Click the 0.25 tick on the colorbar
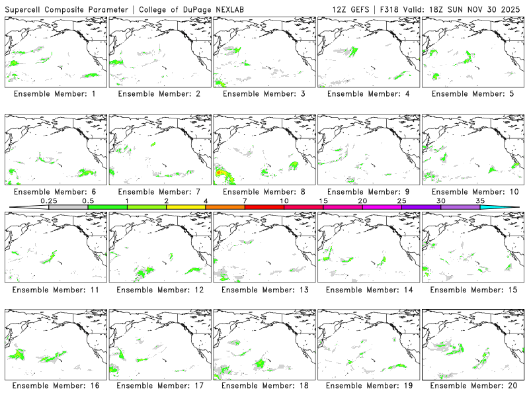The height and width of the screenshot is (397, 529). tap(48, 200)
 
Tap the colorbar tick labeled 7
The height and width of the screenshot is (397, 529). tap(245, 200)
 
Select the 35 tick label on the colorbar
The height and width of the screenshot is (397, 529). tap(480, 200)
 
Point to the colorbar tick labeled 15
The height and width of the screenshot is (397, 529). tap(323, 200)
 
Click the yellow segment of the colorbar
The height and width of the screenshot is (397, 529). tap(186, 207)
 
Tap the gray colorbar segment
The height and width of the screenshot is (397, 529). tap(68, 207)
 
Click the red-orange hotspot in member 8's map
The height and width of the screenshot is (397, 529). tap(220, 173)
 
